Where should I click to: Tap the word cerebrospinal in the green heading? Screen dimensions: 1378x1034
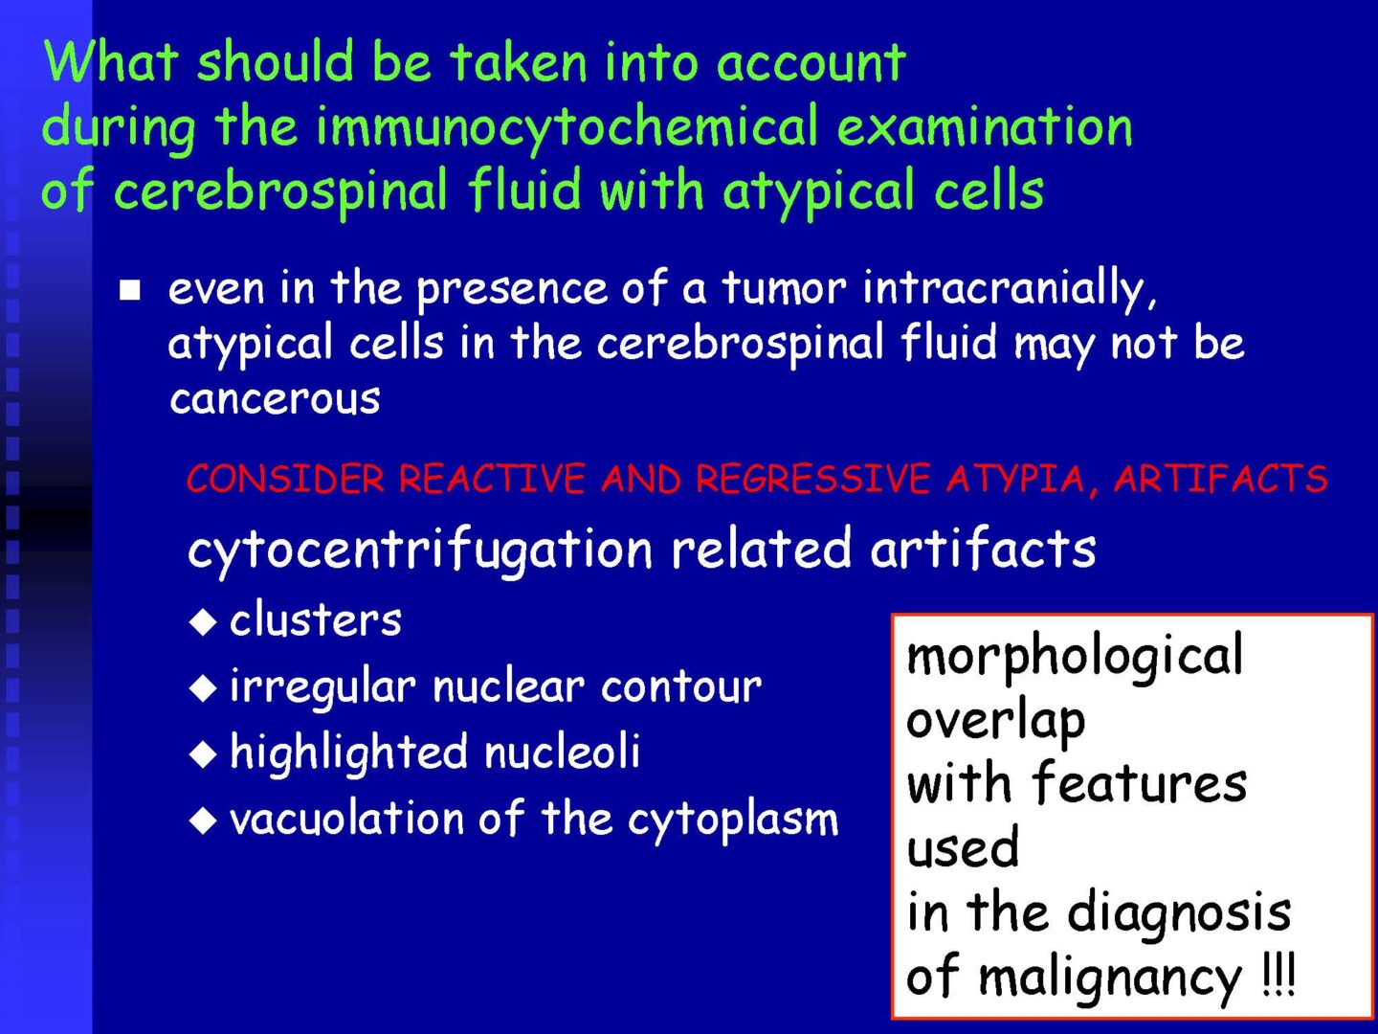coord(280,191)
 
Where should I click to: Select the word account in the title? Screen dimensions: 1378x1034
coord(811,63)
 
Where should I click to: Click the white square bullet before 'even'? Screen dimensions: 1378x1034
coord(130,291)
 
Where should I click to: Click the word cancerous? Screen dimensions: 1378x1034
coord(275,399)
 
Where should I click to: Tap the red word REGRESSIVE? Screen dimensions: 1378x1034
coord(812,479)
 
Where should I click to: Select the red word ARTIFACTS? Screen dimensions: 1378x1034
coord(1220,479)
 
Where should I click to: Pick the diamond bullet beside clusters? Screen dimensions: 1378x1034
coord(203,622)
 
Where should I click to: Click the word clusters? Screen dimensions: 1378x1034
coord(315,620)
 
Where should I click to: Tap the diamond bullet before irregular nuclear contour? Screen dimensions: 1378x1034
coord(203,688)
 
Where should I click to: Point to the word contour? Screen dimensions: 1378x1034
coord(681,686)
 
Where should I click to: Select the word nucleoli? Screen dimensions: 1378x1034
coord(562,751)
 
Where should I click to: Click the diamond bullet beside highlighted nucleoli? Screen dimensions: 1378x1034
coord(203,754)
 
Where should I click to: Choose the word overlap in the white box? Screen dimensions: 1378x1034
coord(995,722)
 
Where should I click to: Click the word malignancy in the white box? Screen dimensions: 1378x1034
coord(1110,979)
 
